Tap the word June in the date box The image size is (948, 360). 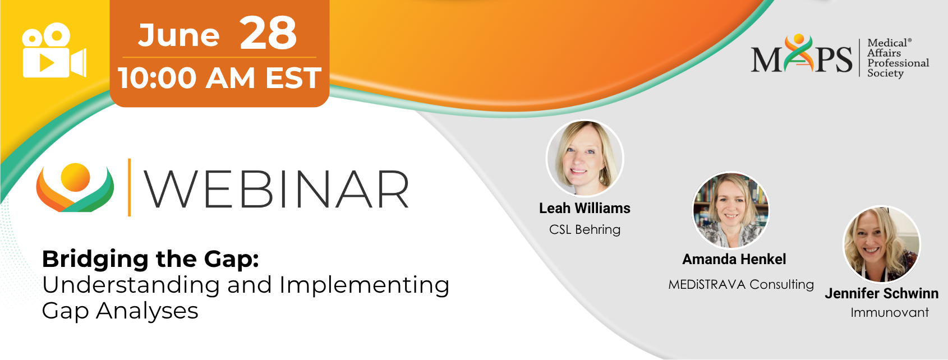click(178, 35)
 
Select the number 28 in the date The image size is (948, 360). click(268, 33)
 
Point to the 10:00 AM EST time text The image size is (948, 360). click(220, 78)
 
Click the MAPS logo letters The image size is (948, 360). click(802, 54)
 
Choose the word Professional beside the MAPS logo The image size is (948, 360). click(898, 63)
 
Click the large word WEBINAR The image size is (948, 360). click(277, 189)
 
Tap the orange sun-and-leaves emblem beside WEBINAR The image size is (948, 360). click(75, 187)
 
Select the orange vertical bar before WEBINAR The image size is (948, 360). click(129, 187)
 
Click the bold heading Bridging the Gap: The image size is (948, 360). click(150, 259)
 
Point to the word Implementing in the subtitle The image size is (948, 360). click(365, 285)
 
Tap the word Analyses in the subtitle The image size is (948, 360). click(147, 311)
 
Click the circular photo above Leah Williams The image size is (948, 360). click(585, 158)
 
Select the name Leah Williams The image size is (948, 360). click(585, 208)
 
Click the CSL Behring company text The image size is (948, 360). click(585, 229)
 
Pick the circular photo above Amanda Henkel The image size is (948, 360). click(730, 210)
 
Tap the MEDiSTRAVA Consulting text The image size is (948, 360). click(741, 284)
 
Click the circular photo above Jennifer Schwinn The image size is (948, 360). click(882, 244)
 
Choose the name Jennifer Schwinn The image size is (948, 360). click(882, 293)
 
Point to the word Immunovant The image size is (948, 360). click(890, 313)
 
